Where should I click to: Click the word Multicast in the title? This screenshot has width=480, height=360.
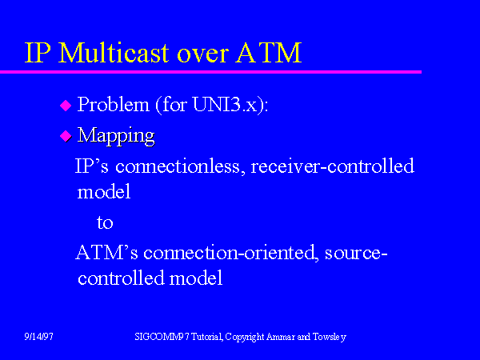[114, 52]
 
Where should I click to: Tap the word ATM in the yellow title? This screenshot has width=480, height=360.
[269, 53]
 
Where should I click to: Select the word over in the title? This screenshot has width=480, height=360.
[202, 55]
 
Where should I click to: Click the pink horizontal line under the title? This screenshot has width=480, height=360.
[210, 72]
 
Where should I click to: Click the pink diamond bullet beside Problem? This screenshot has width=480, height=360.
[66, 106]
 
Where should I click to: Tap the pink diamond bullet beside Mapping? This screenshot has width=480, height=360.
[66, 136]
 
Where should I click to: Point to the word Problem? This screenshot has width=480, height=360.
[114, 104]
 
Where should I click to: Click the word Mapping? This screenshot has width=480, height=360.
[116, 136]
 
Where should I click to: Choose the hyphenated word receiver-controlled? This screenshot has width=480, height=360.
[333, 166]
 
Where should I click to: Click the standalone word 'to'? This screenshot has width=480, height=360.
[105, 222]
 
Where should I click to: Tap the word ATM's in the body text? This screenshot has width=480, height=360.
[106, 253]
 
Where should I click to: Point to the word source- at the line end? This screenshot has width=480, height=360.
[356, 254]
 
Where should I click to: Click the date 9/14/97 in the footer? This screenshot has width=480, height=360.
[39, 337]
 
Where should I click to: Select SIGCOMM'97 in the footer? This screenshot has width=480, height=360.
[162, 337]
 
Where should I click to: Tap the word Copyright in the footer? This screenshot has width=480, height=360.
[245, 337]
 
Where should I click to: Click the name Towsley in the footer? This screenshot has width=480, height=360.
[330, 337]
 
